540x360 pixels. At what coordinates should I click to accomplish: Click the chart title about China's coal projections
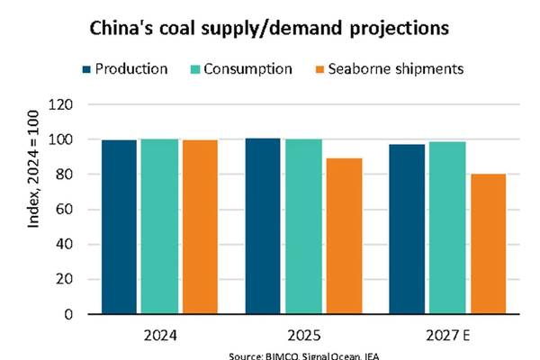(270, 29)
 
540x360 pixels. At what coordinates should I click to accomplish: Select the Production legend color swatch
(87, 69)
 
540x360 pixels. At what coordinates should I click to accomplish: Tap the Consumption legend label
(247, 69)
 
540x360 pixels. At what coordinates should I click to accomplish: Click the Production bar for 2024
(120, 227)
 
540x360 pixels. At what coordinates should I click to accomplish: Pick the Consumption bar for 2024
(159, 227)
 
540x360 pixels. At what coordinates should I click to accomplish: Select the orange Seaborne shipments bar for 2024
(199, 227)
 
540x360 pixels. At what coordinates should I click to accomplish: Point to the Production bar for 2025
(263, 226)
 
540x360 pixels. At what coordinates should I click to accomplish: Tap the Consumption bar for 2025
(302, 227)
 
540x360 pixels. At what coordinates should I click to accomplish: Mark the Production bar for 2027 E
(406, 229)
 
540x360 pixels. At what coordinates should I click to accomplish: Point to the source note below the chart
(304, 355)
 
